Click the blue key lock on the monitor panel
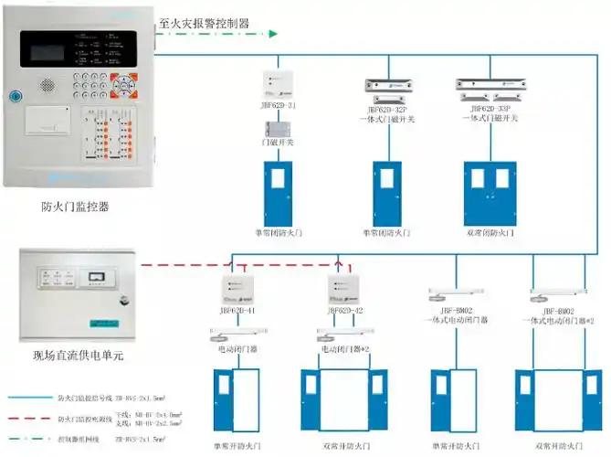pyautogui.click(x=15, y=94)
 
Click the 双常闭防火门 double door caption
pyautogui.click(x=490, y=233)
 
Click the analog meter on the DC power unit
pyautogui.click(x=94, y=275)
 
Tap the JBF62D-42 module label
pyautogui.click(x=345, y=311)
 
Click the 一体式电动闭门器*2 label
pyautogui.click(x=558, y=321)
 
